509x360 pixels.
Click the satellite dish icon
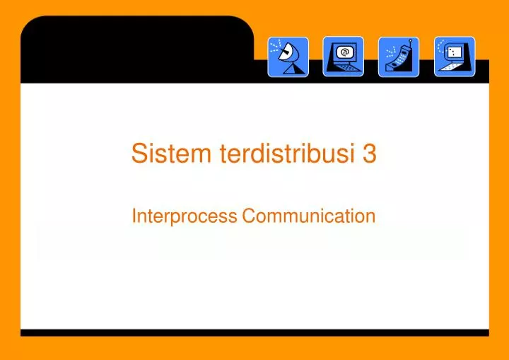[288, 57]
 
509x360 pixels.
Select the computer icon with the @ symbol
[344, 57]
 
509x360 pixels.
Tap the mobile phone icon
[399, 57]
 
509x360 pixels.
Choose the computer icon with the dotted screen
[455, 57]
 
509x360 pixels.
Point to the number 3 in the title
[369, 153]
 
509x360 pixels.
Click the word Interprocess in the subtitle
[184, 216]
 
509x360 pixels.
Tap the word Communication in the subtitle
[308, 216]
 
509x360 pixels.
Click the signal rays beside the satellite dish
[276, 47]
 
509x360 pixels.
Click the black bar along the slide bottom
[255, 332]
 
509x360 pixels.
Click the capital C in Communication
[248, 216]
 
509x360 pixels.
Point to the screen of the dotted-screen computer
[455, 52]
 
